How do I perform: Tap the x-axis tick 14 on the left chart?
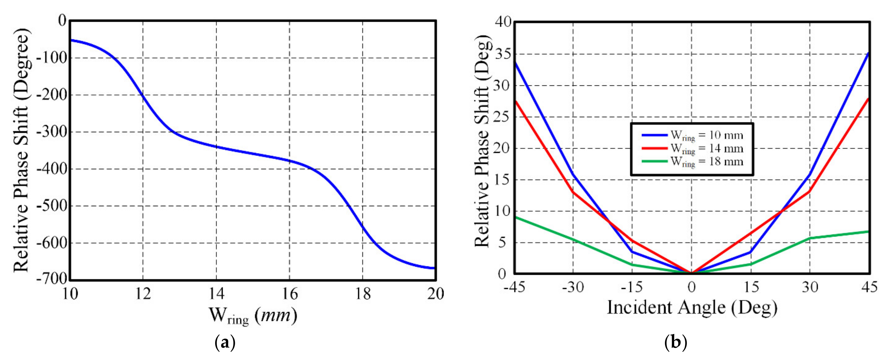(216, 294)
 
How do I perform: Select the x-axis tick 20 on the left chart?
(436, 294)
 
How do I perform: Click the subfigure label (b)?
(676, 343)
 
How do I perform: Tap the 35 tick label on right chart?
(503, 54)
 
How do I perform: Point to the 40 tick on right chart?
(503, 22)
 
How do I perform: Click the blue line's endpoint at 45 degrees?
(869, 53)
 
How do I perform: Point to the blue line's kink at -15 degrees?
(632, 252)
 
